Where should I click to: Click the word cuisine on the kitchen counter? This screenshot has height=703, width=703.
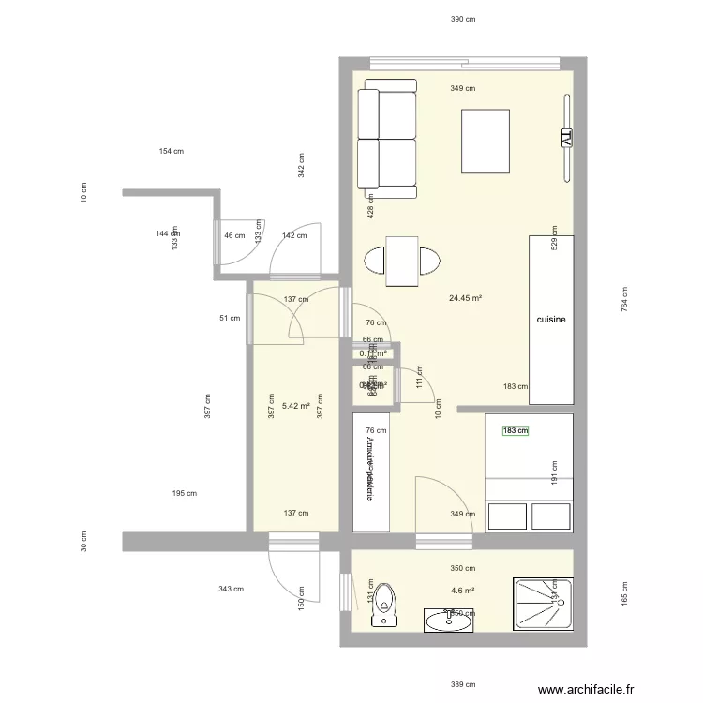tap(551, 320)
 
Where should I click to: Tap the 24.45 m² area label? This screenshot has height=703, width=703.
tap(465, 299)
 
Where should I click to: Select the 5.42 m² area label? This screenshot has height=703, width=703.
tap(296, 407)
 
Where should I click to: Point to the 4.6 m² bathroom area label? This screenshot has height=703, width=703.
tap(462, 591)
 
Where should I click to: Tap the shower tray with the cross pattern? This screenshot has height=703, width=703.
tap(541, 604)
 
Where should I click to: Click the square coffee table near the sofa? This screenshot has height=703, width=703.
tap(485, 141)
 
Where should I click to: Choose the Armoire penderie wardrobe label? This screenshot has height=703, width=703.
tap(369, 470)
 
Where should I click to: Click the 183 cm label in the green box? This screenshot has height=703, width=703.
tap(516, 432)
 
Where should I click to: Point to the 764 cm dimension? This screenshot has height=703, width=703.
tap(624, 298)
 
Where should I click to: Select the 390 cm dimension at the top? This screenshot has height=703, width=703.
tap(463, 19)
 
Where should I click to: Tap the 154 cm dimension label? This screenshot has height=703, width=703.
tap(171, 151)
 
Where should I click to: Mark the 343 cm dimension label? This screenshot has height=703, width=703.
tap(231, 590)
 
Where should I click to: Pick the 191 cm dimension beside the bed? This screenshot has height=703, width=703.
tap(555, 472)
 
